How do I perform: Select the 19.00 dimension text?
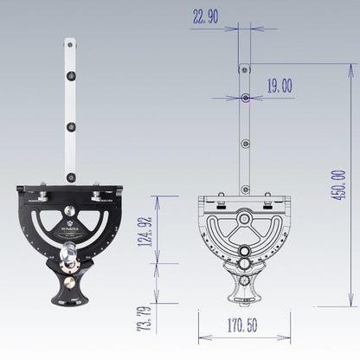pyautogui.click(x=280, y=85)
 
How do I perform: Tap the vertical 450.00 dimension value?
pyautogui.click(x=337, y=185)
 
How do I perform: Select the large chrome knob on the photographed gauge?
pyautogui.click(x=68, y=256)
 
